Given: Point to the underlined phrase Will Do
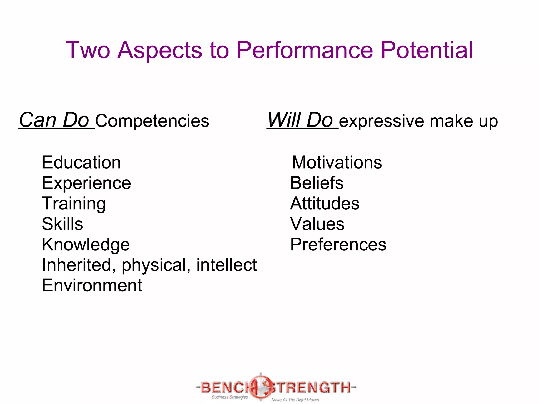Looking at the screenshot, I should point(300,120).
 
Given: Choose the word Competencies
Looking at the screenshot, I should point(152,121).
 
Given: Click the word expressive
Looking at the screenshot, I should point(382,121).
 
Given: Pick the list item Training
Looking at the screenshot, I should point(74,204).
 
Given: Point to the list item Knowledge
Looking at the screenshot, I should point(86,245).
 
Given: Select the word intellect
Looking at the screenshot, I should point(227,265).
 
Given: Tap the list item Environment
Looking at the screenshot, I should point(92,285).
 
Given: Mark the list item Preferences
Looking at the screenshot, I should point(338,244).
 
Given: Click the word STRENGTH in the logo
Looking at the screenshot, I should point(311,387).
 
